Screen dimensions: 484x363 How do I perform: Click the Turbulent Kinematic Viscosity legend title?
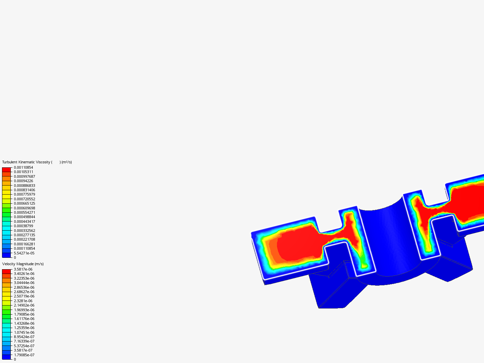click(37, 162)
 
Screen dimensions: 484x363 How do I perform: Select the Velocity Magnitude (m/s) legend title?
click(23, 264)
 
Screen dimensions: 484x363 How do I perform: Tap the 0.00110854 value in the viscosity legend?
click(24, 167)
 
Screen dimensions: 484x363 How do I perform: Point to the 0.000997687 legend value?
click(25, 176)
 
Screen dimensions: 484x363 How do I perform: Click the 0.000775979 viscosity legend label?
click(25, 194)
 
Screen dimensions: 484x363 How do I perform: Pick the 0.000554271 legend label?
click(25, 212)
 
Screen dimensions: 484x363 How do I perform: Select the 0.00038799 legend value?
click(24, 226)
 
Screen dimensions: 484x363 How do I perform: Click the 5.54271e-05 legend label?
click(24, 253)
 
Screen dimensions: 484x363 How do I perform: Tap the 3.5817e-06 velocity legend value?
click(23, 269)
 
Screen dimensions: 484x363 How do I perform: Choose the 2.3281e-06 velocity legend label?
click(23, 301)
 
